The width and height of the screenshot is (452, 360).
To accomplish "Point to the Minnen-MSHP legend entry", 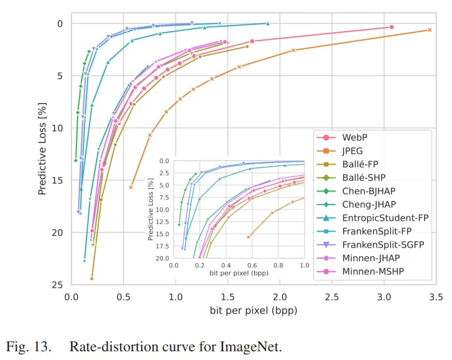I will pyautogui.click(x=372, y=272).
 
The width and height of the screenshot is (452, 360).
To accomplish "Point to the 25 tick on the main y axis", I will pyautogui.click(x=57, y=285).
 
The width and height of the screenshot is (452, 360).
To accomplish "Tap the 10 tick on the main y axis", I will pyautogui.click(x=57, y=128).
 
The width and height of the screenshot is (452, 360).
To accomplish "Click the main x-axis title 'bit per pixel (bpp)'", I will pyautogui.click(x=252, y=310).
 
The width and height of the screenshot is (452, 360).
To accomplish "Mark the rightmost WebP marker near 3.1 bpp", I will pyautogui.click(x=391, y=27).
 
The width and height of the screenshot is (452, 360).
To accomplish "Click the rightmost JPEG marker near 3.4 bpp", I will pyautogui.click(x=429, y=30).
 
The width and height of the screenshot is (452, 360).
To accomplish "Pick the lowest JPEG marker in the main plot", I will pyautogui.click(x=131, y=187).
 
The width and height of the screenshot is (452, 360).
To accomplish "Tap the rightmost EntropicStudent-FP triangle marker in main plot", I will pyautogui.click(x=267, y=24).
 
